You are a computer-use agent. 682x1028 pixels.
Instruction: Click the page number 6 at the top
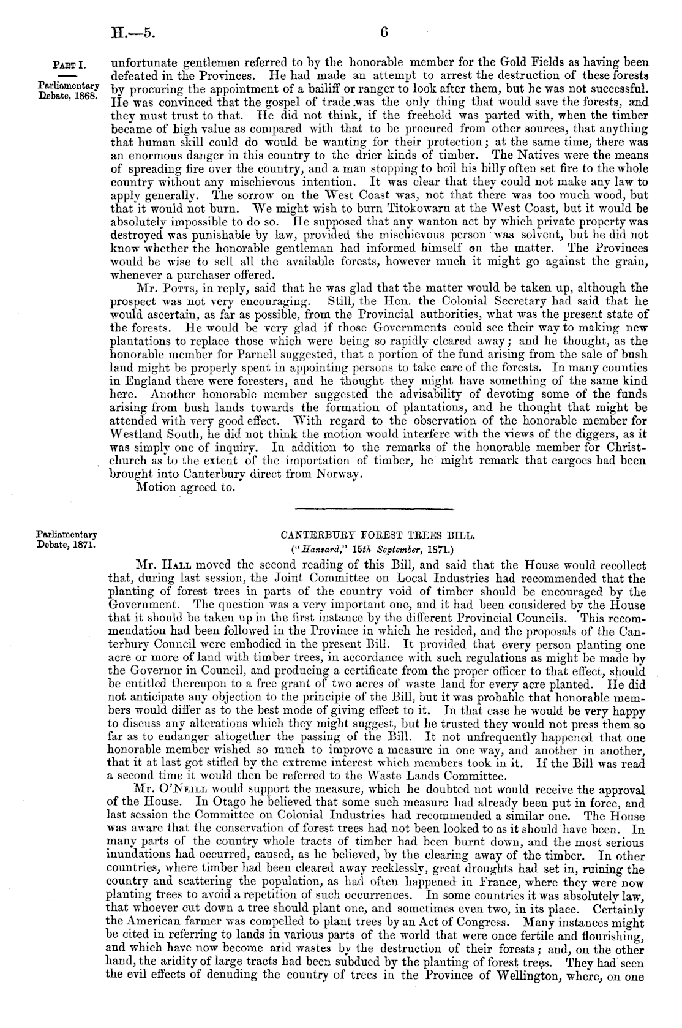tap(384, 32)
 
